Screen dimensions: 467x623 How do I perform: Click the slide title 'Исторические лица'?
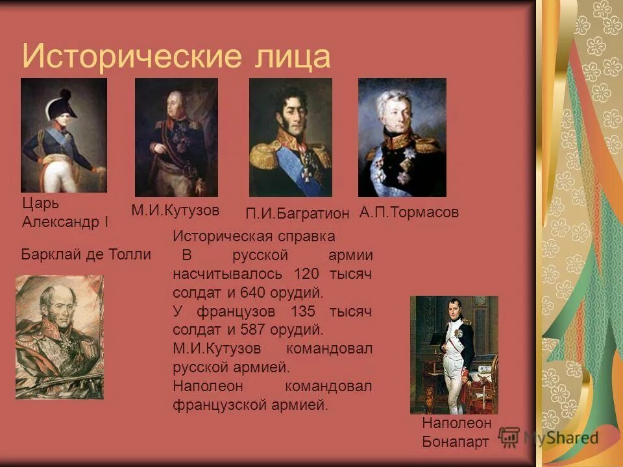[176, 56]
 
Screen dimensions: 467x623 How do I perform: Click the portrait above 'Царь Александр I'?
[64, 135]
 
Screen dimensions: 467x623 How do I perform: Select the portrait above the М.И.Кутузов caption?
[176, 138]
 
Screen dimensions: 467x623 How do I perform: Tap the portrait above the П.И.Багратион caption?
[290, 138]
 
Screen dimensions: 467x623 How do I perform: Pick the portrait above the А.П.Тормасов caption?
[402, 138]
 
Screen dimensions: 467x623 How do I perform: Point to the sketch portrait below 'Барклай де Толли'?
[59, 337]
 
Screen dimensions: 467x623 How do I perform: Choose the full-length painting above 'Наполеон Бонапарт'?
[454, 354]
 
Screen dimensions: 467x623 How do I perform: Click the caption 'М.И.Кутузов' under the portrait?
[175, 210]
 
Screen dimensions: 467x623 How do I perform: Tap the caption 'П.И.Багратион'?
[298, 213]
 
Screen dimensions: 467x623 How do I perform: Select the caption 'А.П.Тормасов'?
[409, 212]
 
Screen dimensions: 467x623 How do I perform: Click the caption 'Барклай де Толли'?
[86, 254]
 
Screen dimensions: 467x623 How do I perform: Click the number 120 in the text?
[306, 274]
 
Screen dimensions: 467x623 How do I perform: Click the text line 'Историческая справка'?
[254, 236]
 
